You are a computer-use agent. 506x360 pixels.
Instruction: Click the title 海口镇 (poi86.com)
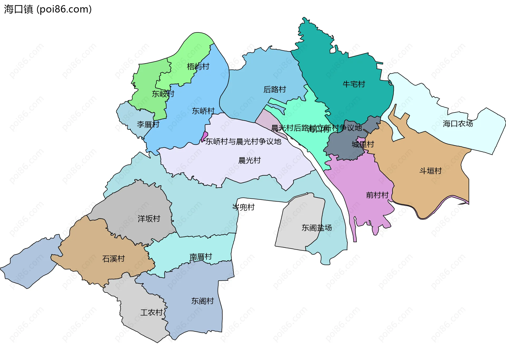click(48, 9)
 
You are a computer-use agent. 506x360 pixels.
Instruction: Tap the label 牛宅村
click(354, 84)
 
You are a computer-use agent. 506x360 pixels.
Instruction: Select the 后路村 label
click(275, 90)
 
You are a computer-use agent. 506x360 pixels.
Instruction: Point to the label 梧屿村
click(198, 66)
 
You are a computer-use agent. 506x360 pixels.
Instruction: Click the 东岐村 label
click(163, 94)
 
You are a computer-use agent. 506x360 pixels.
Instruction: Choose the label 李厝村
click(148, 124)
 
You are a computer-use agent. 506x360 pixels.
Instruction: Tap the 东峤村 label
click(203, 111)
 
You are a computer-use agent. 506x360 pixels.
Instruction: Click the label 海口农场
click(458, 124)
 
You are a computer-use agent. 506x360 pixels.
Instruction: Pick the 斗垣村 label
click(430, 171)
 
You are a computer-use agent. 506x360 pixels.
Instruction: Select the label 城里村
click(363, 144)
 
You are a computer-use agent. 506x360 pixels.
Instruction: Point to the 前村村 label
click(377, 195)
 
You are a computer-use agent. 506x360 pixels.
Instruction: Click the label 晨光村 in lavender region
click(249, 160)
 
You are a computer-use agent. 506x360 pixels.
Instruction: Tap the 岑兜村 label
click(243, 207)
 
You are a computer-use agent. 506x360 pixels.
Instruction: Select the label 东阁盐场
click(317, 228)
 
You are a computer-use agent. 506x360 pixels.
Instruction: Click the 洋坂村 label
click(149, 219)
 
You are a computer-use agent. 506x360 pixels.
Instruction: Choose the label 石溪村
click(113, 259)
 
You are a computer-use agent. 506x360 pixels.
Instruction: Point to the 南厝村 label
click(201, 257)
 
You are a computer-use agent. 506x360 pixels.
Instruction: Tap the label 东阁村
click(202, 301)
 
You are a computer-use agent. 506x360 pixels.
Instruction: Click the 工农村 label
click(151, 313)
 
